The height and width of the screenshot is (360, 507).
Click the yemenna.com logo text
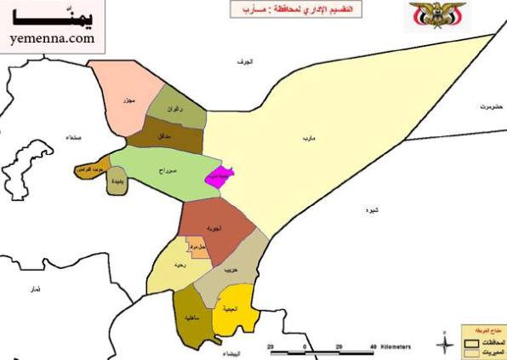pyautogui.click(x=52, y=38)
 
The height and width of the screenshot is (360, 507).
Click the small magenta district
pyautogui.click(x=219, y=176)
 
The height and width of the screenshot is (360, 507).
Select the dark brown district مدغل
pyautogui.click(x=165, y=135)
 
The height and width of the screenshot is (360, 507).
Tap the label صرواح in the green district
pyautogui.click(x=167, y=171)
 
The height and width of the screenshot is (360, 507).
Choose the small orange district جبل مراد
pyautogui.click(x=198, y=249)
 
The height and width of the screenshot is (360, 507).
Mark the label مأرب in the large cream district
pyautogui.click(x=305, y=137)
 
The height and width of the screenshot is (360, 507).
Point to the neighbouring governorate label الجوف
pyautogui.click(x=247, y=62)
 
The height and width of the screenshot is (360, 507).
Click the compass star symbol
pyautogui.click(x=445, y=344)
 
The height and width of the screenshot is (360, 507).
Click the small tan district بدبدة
pyautogui.click(x=117, y=181)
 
